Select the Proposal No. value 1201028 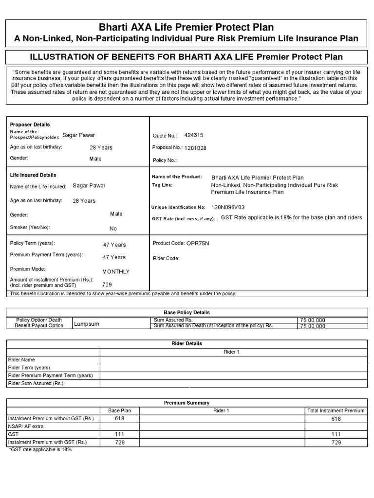[x=195, y=148]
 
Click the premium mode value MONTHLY [x=116, y=272]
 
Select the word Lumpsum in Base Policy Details [x=87, y=324]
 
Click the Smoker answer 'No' [x=113, y=229]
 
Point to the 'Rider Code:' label [x=166, y=258]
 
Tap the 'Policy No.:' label [x=165, y=160]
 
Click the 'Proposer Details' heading [x=30, y=124]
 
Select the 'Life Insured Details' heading [x=33, y=175]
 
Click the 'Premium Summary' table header [x=187, y=403]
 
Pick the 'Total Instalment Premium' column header [x=336, y=410]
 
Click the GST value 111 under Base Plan [x=120, y=434]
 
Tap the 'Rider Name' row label [x=21, y=360]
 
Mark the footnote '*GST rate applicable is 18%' [x=40, y=450]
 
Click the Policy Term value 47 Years [x=114, y=245]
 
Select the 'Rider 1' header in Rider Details [x=231, y=352]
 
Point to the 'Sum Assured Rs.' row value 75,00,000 [x=313, y=320]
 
